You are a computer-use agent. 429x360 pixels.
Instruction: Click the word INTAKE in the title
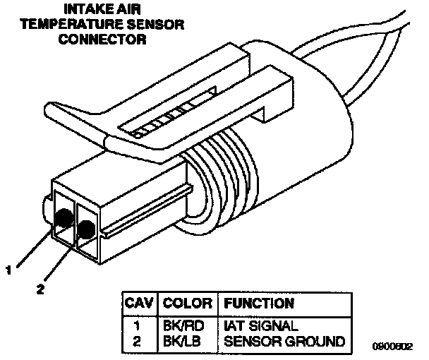click(86, 10)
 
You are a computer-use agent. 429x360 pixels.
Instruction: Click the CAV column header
click(138, 304)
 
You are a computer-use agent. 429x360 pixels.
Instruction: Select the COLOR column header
click(188, 304)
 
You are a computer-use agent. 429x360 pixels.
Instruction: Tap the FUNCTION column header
click(258, 304)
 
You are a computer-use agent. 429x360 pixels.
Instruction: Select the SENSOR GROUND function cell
click(284, 342)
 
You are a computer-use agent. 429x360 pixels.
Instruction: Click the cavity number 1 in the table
click(139, 327)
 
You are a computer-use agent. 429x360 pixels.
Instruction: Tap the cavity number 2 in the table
click(139, 342)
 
